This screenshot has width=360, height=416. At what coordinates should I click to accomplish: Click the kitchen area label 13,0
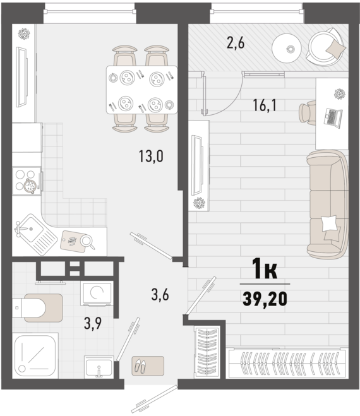click(x=151, y=156)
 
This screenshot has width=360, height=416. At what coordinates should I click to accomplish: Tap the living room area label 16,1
click(x=265, y=105)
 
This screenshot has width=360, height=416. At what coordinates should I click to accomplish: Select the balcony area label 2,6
click(x=236, y=43)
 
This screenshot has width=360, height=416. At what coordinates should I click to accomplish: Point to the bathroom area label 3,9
click(x=93, y=323)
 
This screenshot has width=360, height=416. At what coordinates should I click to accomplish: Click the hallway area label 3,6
click(x=160, y=295)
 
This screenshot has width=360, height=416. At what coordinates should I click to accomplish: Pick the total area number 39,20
click(x=265, y=299)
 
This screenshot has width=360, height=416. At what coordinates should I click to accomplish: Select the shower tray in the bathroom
click(x=35, y=356)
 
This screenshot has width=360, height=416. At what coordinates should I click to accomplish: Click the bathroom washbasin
click(x=99, y=367)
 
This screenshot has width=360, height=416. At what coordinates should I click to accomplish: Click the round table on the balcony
click(x=287, y=49)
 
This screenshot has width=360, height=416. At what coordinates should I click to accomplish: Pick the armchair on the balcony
click(x=326, y=47)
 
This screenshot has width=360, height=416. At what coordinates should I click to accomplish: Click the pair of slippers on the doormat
click(x=140, y=366)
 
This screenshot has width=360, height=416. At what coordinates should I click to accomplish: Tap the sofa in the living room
click(x=327, y=205)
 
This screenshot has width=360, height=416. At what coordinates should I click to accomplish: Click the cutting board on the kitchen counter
click(x=74, y=241)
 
